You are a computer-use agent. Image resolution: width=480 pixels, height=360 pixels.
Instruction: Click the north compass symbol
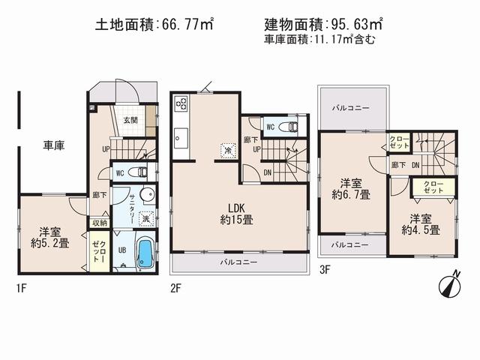451,286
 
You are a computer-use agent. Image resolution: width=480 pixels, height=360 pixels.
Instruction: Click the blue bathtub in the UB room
146,253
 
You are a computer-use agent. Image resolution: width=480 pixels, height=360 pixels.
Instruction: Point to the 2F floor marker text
175,286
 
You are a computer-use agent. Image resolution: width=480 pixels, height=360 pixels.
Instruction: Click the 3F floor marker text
323,268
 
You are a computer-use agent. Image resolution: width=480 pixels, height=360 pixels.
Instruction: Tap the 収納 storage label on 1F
100,223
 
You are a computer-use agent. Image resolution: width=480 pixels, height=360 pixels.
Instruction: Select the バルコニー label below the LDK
238,262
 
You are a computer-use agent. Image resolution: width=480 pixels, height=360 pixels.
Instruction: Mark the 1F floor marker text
22,286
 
